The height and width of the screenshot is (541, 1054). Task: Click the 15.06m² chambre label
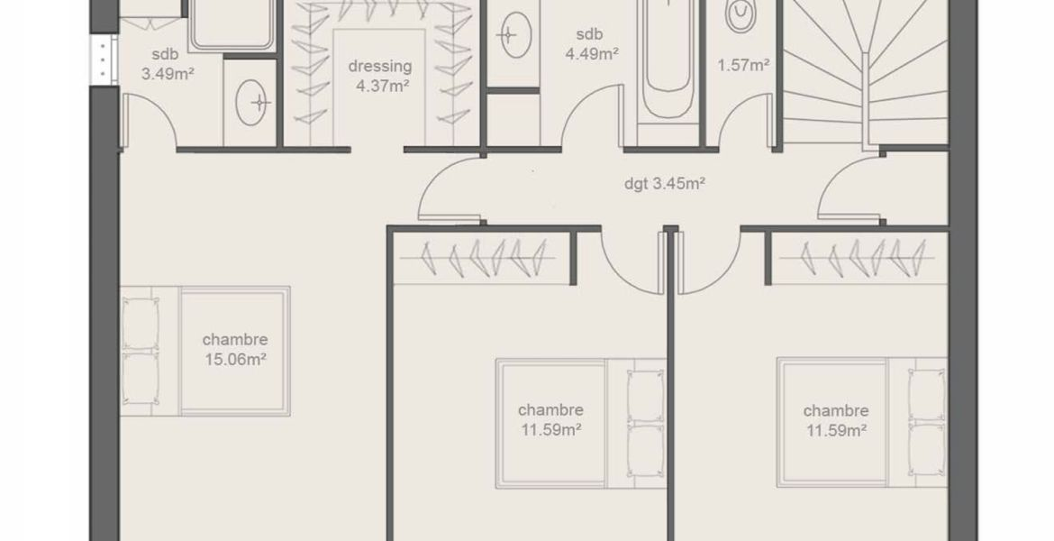pos(235,349)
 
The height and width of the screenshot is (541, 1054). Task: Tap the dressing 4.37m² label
pos(380,76)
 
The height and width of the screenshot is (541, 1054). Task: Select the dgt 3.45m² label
pos(664,184)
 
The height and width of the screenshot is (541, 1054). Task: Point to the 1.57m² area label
pos(743,65)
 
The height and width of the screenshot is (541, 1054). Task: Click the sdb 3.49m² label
pos(166,65)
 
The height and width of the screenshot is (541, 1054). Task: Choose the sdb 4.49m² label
pos(591,44)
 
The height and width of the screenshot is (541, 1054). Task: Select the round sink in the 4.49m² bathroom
pos(515,33)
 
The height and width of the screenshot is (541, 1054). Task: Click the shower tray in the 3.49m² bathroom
pos(232,25)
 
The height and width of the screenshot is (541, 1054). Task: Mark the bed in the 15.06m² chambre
pos(205,352)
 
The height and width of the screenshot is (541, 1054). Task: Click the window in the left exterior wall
pos(104,60)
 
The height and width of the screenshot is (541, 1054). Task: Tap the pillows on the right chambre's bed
pos(927,423)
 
